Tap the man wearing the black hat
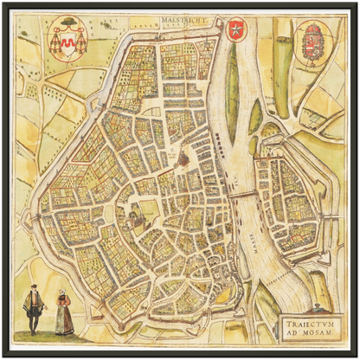point(33,309)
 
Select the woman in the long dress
point(62,313)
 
